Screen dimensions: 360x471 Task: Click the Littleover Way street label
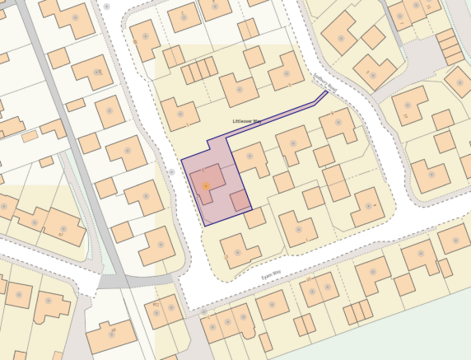248,121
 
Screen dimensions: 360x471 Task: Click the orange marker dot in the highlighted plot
206,186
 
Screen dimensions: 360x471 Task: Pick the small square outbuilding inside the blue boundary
239,200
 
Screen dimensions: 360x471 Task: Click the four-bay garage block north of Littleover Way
198,72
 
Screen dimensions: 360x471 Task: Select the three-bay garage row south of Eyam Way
357,312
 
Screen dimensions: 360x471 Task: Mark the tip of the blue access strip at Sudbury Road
326,92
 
